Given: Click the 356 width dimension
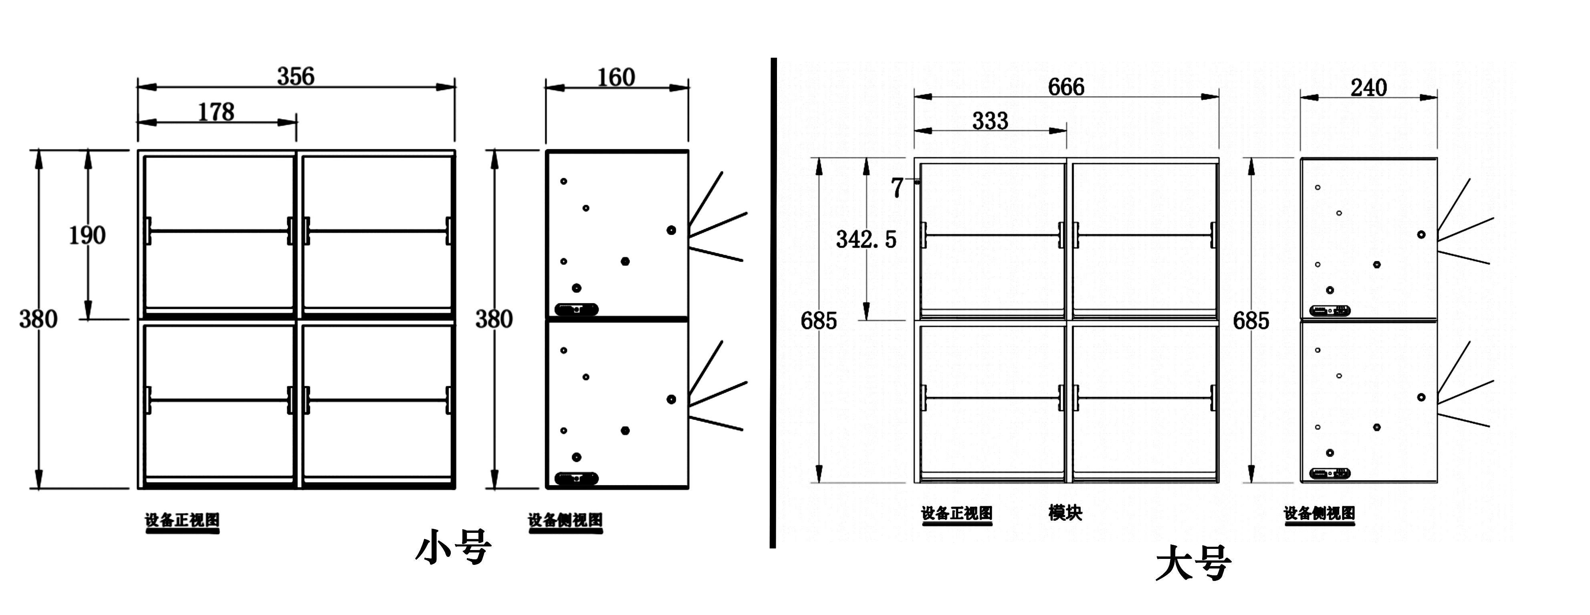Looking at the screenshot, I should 296,77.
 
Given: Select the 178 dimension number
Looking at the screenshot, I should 216,112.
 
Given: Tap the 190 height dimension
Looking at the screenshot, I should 87,235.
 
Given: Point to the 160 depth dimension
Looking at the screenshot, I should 616,78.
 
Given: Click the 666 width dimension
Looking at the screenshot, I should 1066,87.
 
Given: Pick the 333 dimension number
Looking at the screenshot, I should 990,121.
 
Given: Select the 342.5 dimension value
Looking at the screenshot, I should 866,240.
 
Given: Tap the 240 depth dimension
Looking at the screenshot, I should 1368,88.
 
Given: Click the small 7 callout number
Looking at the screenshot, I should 897,188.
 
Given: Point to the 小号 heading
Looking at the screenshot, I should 454,547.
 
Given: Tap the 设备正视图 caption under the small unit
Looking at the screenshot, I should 182,520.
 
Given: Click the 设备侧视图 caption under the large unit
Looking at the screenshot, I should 1319,513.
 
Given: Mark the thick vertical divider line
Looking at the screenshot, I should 773,303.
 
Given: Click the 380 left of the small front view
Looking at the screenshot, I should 38,319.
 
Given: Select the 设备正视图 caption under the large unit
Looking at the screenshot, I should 957,513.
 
